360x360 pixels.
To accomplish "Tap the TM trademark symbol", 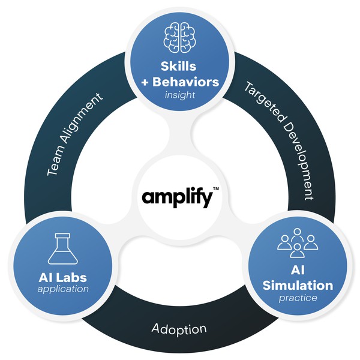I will coord(216,188).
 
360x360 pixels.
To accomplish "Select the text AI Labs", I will coord(62,277).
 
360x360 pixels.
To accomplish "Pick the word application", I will coord(62,289).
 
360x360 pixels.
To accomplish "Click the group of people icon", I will coord(297,242).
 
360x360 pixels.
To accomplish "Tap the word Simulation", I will coord(298,285).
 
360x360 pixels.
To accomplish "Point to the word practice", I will coord(298,298).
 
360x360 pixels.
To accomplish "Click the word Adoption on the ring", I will coord(179,329).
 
